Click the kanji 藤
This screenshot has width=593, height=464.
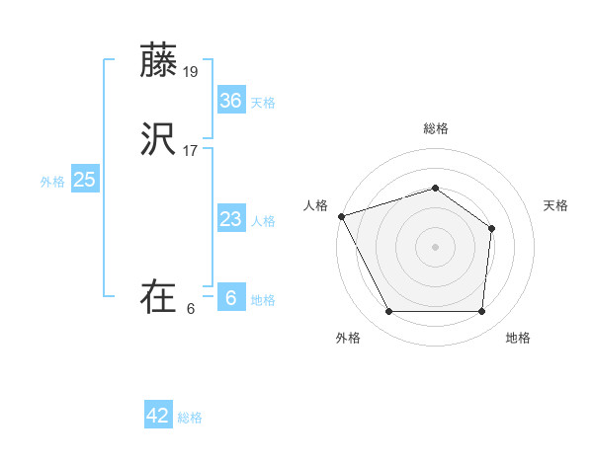pyautogui.click(x=159, y=60)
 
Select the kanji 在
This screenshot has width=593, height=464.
pyautogui.click(x=159, y=297)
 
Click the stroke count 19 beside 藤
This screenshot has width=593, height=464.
pyautogui.click(x=191, y=71)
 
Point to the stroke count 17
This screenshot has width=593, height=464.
pyautogui.click(x=191, y=150)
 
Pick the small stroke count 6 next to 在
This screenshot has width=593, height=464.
pyautogui.click(x=191, y=308)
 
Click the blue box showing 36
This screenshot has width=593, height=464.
pyautogui.click(x=230, y=101)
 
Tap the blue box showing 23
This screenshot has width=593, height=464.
pyautogui.click(x=230, y=219)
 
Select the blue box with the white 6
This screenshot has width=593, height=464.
pyautogui.click(x=230, y=298)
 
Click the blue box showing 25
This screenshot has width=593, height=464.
pyautogui.click(x=84, y=180)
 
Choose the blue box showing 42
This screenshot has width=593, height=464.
pyautogui.click(x=158, y=416)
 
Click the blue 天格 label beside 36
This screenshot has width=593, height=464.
pyautogui.click(x=263, y=103)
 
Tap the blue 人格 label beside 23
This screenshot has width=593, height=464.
pyautogui.click(x=263, y=221)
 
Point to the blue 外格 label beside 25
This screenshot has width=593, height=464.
pyautogui.click(x=52, y=182)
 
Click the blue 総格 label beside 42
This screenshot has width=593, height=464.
pyautogui.click(x=190, y=418)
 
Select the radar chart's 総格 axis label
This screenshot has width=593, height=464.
pyautogui.click(x=436, y=128)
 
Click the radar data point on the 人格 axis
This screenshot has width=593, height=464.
pyautogui.click(x=341, y=216)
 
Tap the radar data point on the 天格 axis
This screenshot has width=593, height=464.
pyautogui.click(x=492, y=229)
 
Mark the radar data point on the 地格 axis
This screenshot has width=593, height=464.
pyautogui.click(x=481, y=312)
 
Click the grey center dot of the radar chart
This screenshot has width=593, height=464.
pyautogui.click(x=436, y=247)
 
